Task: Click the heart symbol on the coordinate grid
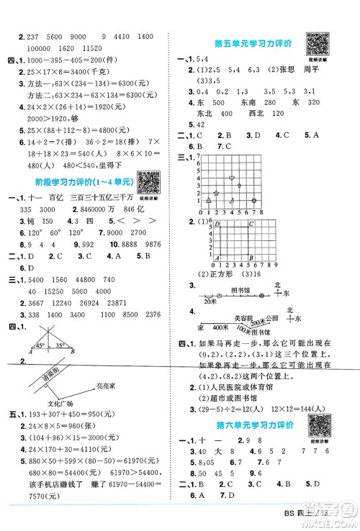click(231, 176)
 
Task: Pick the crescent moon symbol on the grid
click(232, 196)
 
